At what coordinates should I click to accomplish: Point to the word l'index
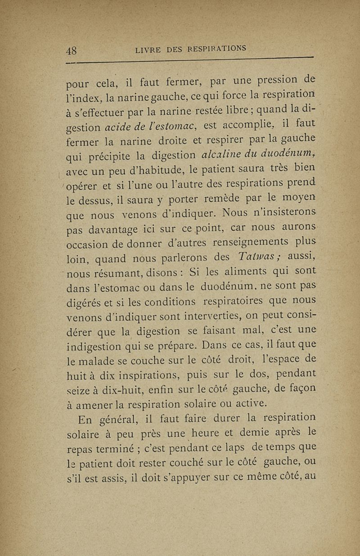(x=81, y=96)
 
